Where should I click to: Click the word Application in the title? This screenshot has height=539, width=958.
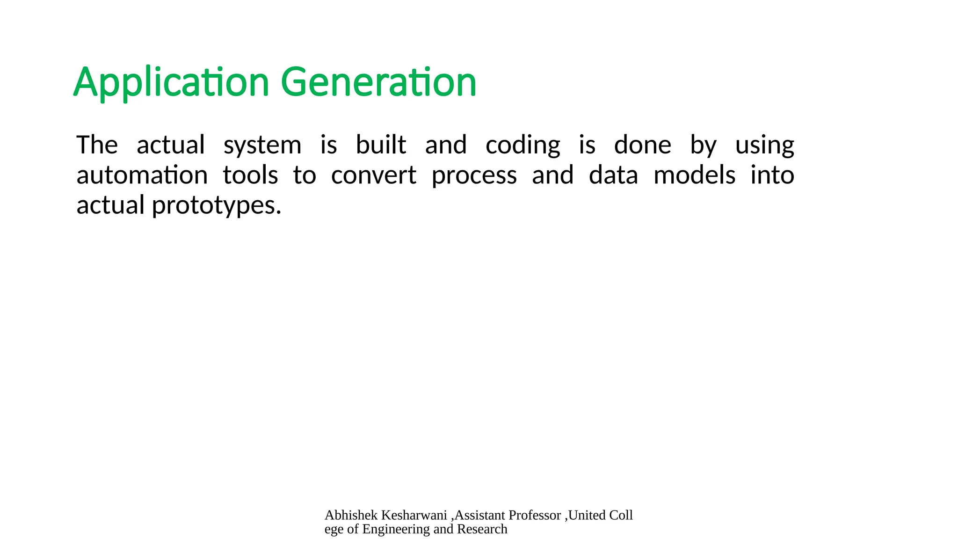[171, 83]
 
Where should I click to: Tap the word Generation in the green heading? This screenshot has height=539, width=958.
[378, 83]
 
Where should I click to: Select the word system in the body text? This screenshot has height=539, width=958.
[262, 146]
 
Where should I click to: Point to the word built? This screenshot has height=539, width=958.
[381, 145]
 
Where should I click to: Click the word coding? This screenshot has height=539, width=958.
[523, 146]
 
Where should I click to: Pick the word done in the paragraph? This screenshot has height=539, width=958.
[642, 145]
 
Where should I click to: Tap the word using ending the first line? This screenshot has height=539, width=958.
[764, 146]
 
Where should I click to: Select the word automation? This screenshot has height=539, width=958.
[142, 175]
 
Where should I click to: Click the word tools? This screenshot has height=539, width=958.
[250, 175]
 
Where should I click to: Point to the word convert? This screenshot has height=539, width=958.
[373, 175]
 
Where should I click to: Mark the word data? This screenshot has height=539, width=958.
[613, 175]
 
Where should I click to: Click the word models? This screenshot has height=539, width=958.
[694, 175]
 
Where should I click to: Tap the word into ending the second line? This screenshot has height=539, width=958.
[772, 175]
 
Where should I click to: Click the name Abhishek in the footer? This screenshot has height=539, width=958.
[351, 515]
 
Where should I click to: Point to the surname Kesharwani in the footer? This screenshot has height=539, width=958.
[414, 515]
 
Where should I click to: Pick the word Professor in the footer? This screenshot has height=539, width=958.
[535, 515]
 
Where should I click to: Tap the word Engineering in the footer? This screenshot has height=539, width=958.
[396, 529]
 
